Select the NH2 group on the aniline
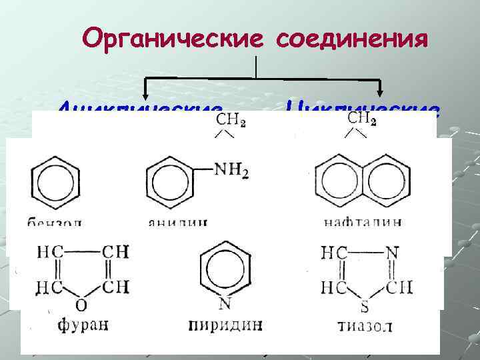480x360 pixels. point(232,171)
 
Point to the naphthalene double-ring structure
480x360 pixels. point(362,181)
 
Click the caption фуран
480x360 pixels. point(82,325)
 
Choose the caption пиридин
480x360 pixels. point(225,325)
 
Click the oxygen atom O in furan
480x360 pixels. point(81,306)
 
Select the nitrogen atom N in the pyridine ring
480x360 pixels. point(225,304)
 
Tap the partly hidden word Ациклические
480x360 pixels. point(140,107)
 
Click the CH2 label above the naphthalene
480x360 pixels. point(362,119)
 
